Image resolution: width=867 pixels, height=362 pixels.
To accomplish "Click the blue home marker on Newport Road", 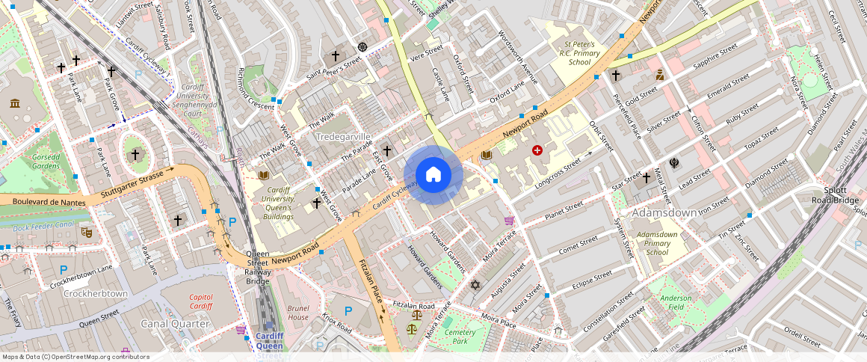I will (x=433, y=175).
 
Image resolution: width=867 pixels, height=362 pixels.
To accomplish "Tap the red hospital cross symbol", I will (x=537, y=150).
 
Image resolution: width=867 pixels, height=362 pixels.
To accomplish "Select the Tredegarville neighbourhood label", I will (x=343, y=138).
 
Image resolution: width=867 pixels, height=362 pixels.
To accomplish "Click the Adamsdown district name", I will (x=665, y=213).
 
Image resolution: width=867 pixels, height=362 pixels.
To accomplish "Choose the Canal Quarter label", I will (x=175, y=324).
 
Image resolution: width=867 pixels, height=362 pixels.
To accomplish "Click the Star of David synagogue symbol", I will (x=475, y=284).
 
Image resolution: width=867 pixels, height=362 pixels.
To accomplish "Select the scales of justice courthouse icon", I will (x=413, y=328).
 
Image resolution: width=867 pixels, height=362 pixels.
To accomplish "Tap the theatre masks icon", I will (x=87, y=233).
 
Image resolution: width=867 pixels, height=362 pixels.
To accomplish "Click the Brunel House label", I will (x=297, y=313).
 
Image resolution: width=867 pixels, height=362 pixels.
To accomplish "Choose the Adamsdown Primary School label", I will (x=656, y=243).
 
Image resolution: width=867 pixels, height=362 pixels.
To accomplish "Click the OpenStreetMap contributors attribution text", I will (x=75, y=357).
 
